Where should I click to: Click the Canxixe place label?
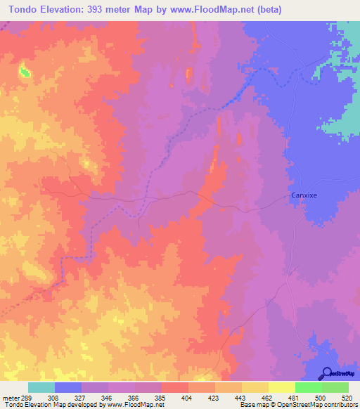(x=305, y=197)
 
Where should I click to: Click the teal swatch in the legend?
(x=41, y=387)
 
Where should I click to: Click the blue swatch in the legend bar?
(x=68, y=387)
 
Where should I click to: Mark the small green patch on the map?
(x=25, y=72)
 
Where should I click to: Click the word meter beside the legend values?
(x=11, y=398)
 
